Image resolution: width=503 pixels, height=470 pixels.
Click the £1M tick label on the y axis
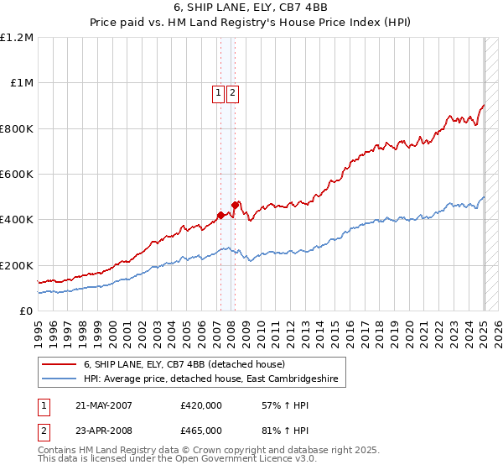(20, 83)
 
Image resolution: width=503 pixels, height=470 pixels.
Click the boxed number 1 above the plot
(218, 94)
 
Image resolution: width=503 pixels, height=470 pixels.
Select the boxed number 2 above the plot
(232, 94)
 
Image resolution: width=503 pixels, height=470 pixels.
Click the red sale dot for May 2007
(220, 215)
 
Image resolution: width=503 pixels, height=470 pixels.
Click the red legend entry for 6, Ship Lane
(184, 365)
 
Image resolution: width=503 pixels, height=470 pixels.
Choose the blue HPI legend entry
(210, 379)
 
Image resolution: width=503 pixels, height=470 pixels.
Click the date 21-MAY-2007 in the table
(104, 405)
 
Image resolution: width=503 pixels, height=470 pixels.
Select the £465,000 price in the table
(201, 430)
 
